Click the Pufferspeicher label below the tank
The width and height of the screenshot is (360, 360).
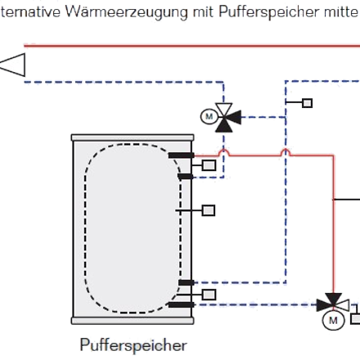(x=133, y=345)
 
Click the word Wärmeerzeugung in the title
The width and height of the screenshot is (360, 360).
(x=127, y=12)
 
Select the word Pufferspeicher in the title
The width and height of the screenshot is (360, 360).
(x=268, y=12)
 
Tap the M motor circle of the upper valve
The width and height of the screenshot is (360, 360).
(x=209, y=116)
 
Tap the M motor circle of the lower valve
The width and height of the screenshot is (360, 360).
(x=333, y=321)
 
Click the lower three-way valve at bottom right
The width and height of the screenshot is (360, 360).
(x=333, y=303)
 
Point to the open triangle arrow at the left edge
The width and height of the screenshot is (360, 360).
(x=13, y=65)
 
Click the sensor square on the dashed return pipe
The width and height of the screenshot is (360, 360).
(x=308, y=103)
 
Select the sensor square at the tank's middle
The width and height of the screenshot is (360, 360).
(x=209, y=210)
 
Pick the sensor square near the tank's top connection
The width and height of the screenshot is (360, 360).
(x=209, y=165)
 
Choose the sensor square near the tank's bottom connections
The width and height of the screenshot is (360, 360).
(x=209, y=295)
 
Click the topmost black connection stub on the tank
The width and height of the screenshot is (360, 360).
(x=182, y=155)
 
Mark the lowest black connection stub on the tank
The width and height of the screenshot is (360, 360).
(x=182, y=304)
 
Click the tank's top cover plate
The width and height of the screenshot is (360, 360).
(x=133, y=137)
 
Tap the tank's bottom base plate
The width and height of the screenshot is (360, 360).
(x=133, y=321)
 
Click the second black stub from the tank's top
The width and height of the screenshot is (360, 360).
(x=186, y=177)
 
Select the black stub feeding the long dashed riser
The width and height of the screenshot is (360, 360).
(x=187, y=282)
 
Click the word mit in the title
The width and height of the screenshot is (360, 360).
(x=203, y=12)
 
